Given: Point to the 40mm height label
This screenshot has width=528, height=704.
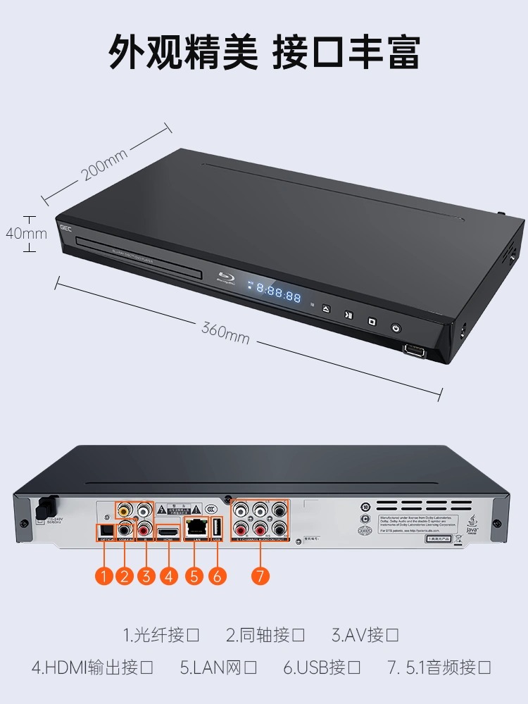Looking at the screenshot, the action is pos(25,233).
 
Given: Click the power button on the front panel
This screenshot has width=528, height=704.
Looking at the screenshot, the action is pos(396,328).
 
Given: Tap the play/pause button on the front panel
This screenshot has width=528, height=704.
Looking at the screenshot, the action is pos(348,315).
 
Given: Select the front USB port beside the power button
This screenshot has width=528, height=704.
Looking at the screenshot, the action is pos(413,349).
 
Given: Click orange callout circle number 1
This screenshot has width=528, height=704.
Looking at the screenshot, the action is pos(105,576).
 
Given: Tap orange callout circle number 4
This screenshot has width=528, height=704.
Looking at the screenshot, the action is pos(168,576).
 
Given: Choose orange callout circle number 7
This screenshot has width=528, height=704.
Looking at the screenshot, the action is pos(260,576).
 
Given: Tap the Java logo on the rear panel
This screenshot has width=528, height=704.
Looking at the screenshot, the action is pos(473,522).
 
